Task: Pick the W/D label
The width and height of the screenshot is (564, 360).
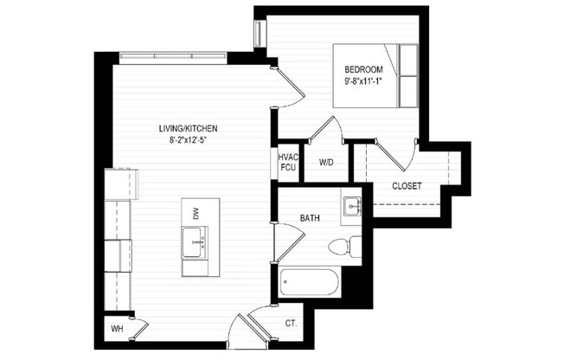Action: click(x=327, y=162)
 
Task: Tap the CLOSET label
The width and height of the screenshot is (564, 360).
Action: click(x=407, y=185)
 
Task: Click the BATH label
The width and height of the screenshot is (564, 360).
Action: click(x=311, y=219)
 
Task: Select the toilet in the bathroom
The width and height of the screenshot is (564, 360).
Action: click(x=345, y=247)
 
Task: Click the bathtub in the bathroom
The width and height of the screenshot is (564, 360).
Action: click(x=309, y=282)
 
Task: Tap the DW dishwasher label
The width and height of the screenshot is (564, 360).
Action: click(x=196, y=213)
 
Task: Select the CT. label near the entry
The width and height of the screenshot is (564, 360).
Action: click(x=291, y=324)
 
